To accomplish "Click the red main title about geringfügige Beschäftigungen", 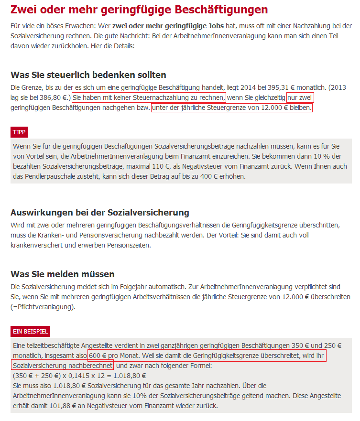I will pos(139,9).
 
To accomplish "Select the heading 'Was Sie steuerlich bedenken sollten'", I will pos(88,75).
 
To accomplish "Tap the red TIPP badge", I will pos(20,132).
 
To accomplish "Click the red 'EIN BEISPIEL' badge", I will pos(30,332).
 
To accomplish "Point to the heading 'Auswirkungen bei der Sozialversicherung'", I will pos(100,212).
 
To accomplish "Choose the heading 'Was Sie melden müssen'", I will pos(63,274).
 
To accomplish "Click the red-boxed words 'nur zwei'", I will pos(300,97).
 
